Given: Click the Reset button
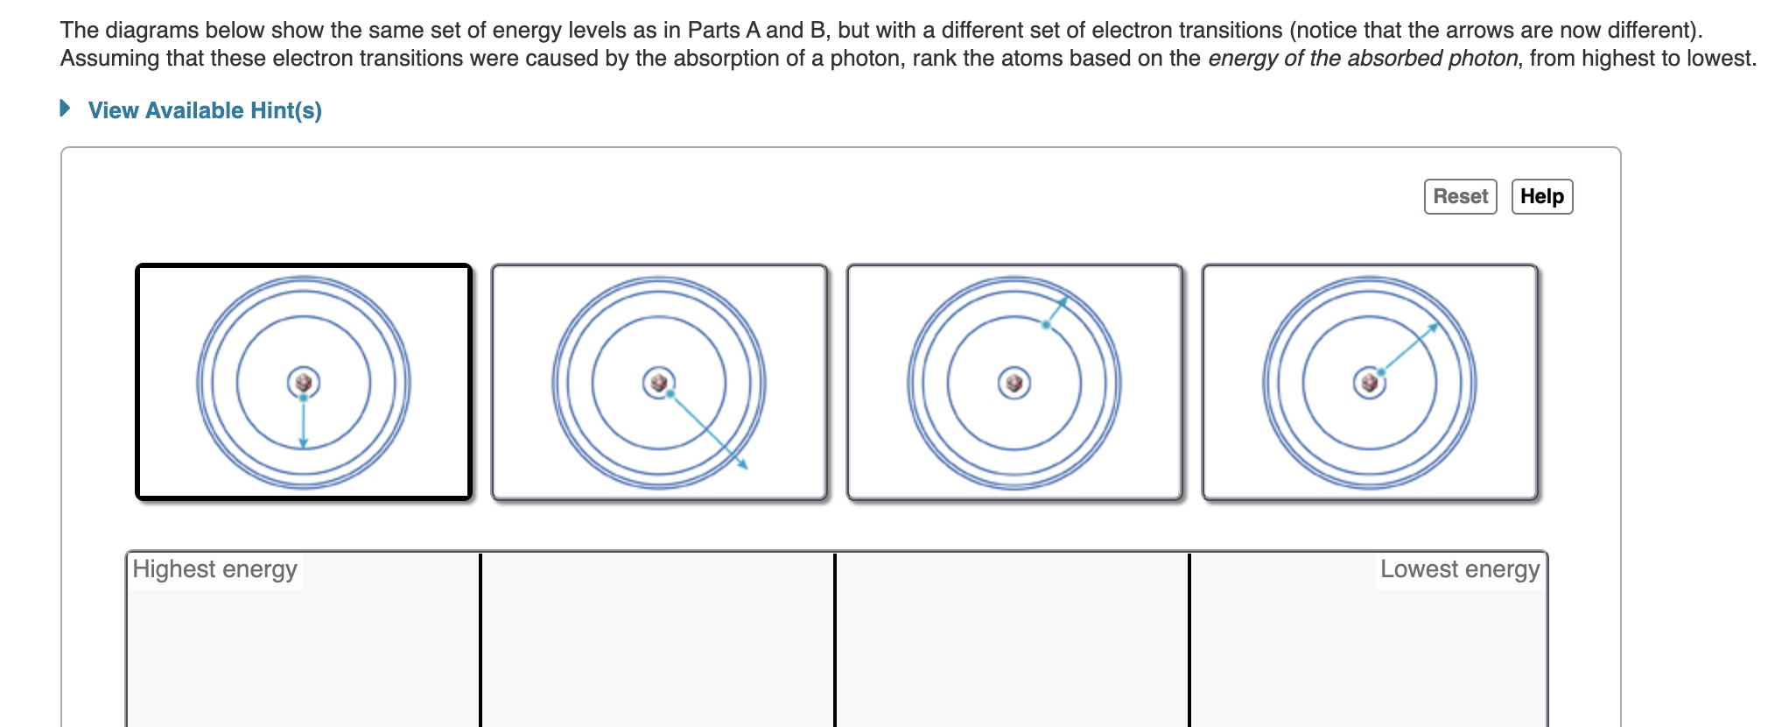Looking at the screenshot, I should [1460, 196].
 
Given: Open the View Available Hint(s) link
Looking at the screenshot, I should [205, 110].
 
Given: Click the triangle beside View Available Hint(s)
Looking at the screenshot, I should [65, 109].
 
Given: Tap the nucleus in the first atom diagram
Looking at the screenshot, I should [304, 383].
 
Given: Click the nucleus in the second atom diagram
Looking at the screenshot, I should [659, 383].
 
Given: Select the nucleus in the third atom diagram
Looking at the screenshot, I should [1014, 383].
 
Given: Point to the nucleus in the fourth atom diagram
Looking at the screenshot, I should [1370, 383].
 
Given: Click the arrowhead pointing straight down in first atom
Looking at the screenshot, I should [303, 442].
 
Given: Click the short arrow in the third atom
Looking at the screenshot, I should [1056, 312].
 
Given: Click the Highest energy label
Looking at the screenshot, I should [214, 569].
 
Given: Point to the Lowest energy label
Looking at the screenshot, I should [1459, 569].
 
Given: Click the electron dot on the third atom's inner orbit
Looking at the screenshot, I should [1046, 325].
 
